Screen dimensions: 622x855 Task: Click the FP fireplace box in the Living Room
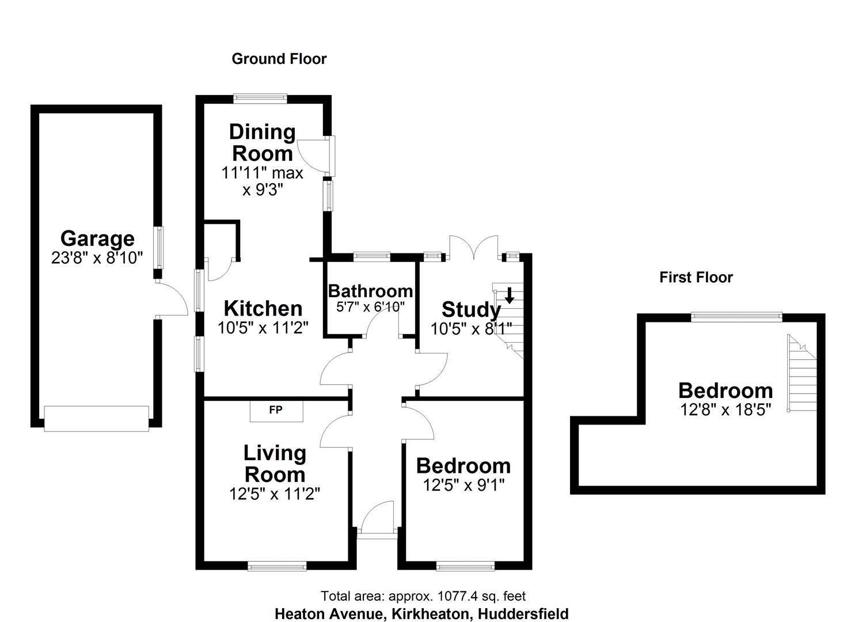coord(276,411)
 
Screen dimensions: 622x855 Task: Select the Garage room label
coord(97,238)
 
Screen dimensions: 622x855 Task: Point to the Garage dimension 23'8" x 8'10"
coord(97,257)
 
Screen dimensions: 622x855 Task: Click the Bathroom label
coord(370,290)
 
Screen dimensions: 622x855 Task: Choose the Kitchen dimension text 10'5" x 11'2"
coord(263,328)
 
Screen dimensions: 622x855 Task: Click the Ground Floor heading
coord(279,59)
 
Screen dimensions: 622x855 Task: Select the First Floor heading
coord(696,278)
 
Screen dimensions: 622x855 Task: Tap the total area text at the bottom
coord(423,596)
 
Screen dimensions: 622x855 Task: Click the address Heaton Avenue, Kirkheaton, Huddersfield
coord(421,614)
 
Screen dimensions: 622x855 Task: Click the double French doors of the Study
coord(473,248)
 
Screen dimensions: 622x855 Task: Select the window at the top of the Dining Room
coord(260,98)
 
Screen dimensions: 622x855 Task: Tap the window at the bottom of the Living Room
coord(277,567)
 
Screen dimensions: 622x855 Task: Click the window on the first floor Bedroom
coord(736,316)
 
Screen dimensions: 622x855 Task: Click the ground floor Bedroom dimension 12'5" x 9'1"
coord(463,486)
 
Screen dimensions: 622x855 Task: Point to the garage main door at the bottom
coord(97,418)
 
